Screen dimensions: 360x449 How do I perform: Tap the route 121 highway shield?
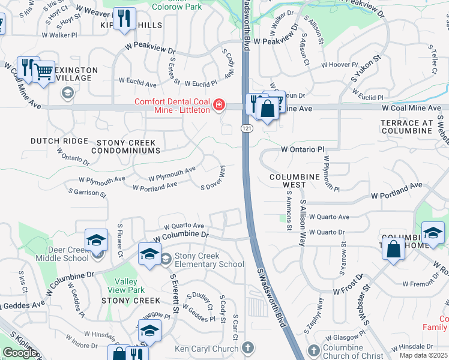coord(246,129)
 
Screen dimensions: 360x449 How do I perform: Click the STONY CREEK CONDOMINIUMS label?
coord(126,147)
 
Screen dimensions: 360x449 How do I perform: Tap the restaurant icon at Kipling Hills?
coord(125,17)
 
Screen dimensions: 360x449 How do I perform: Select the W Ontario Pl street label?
coord(303,149)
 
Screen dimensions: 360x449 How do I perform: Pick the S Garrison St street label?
coord(88,193)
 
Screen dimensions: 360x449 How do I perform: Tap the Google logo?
coord(20,353)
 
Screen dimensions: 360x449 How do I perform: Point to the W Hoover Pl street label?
coord(340,64)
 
